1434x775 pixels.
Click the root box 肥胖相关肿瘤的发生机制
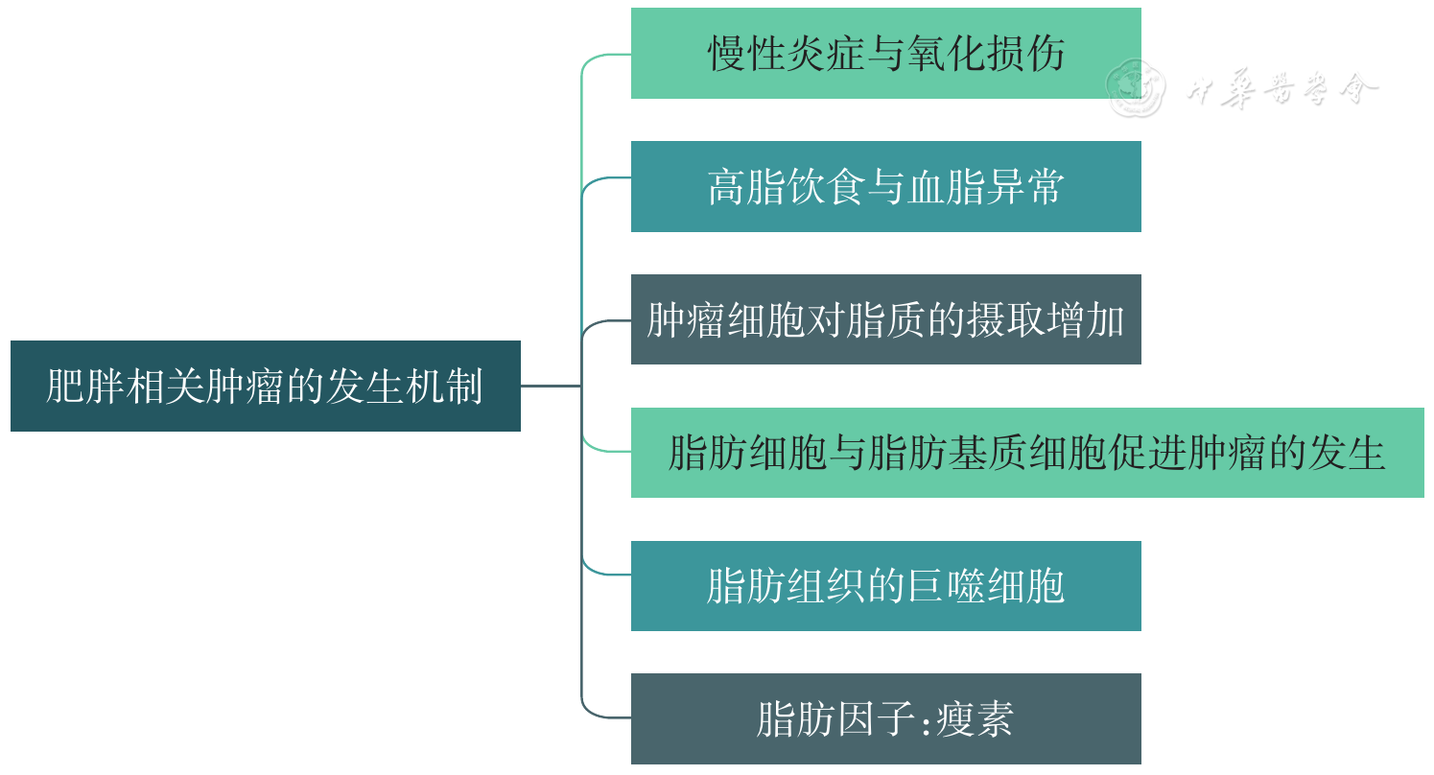(265, 386)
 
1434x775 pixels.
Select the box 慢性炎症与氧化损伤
(885, 54)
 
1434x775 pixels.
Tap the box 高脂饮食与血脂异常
(885, 187)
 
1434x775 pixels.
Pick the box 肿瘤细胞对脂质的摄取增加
(885, 319)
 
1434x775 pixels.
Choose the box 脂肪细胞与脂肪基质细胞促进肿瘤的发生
(1026, 453)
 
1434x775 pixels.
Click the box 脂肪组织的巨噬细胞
(885, 586)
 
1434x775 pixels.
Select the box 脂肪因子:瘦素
(885, 719)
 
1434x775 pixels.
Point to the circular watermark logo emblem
(1136, 88)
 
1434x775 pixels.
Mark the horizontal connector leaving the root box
(551, 386)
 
